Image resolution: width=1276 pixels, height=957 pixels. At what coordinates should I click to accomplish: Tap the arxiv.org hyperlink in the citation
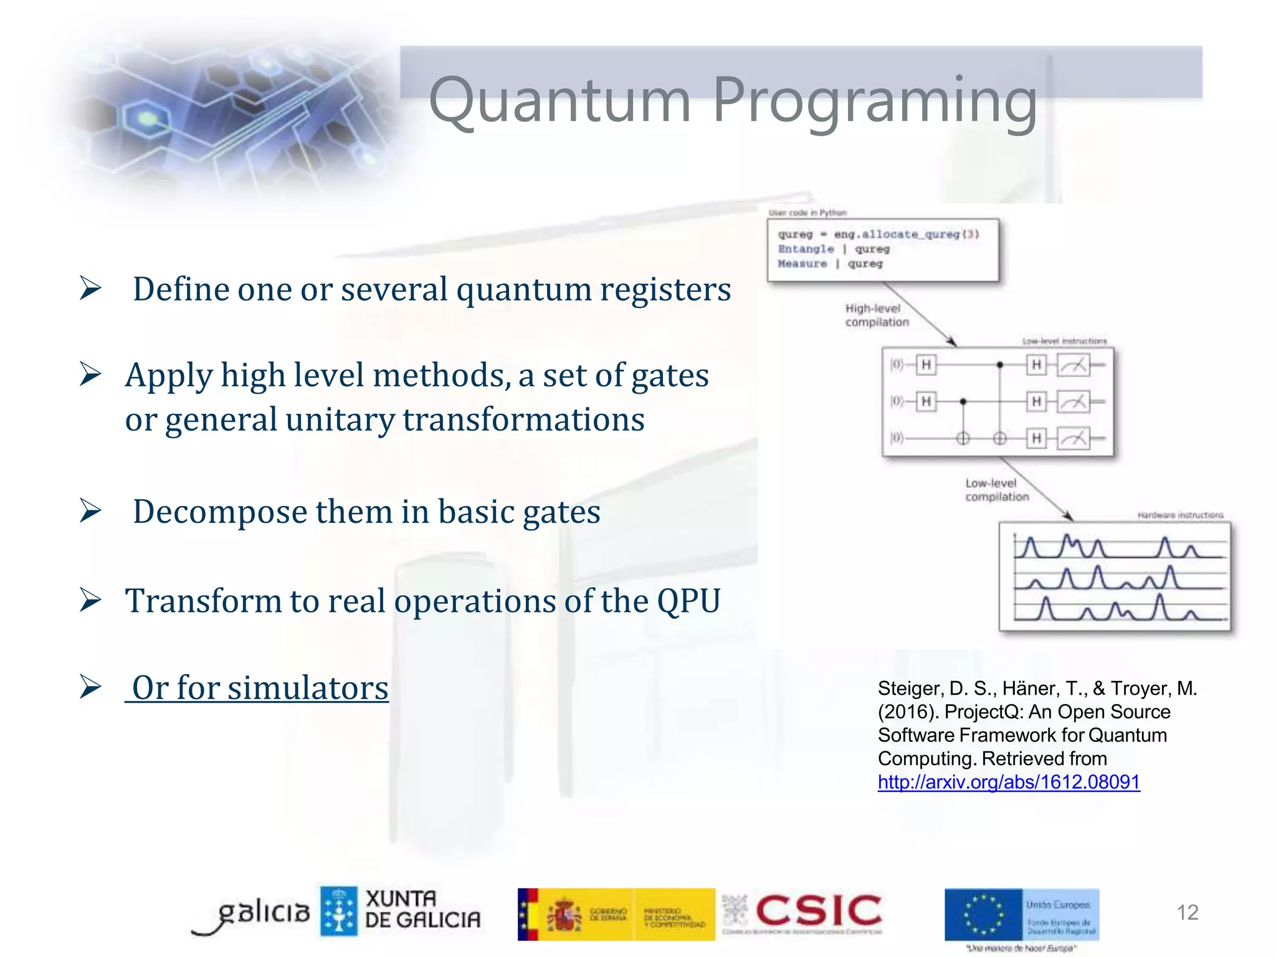point(1008,782)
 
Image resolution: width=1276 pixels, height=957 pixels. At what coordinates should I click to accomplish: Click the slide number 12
point(1187,912)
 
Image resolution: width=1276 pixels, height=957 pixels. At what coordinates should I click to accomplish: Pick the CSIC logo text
point(818,911)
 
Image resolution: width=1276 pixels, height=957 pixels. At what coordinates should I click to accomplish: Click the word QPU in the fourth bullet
point(688,601)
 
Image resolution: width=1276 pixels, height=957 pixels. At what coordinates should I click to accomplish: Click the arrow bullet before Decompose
point(91,511)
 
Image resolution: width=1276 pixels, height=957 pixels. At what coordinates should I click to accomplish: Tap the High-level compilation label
point(876,315)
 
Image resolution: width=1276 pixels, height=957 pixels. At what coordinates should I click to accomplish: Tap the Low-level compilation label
point(996,490)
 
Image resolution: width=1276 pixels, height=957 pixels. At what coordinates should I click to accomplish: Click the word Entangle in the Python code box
point(805,249)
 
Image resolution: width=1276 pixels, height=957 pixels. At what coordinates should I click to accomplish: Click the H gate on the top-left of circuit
point(926,364)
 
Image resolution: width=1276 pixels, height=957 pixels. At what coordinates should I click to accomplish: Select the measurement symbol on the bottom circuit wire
point(1072,439)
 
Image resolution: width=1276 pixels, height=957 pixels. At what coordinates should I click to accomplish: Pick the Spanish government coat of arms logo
point(564,915)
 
